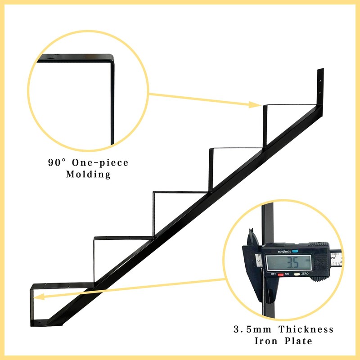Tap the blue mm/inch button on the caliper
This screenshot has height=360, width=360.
point(295,251)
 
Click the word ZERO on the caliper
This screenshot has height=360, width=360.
point(305,274)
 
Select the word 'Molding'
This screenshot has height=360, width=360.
point(88,175)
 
